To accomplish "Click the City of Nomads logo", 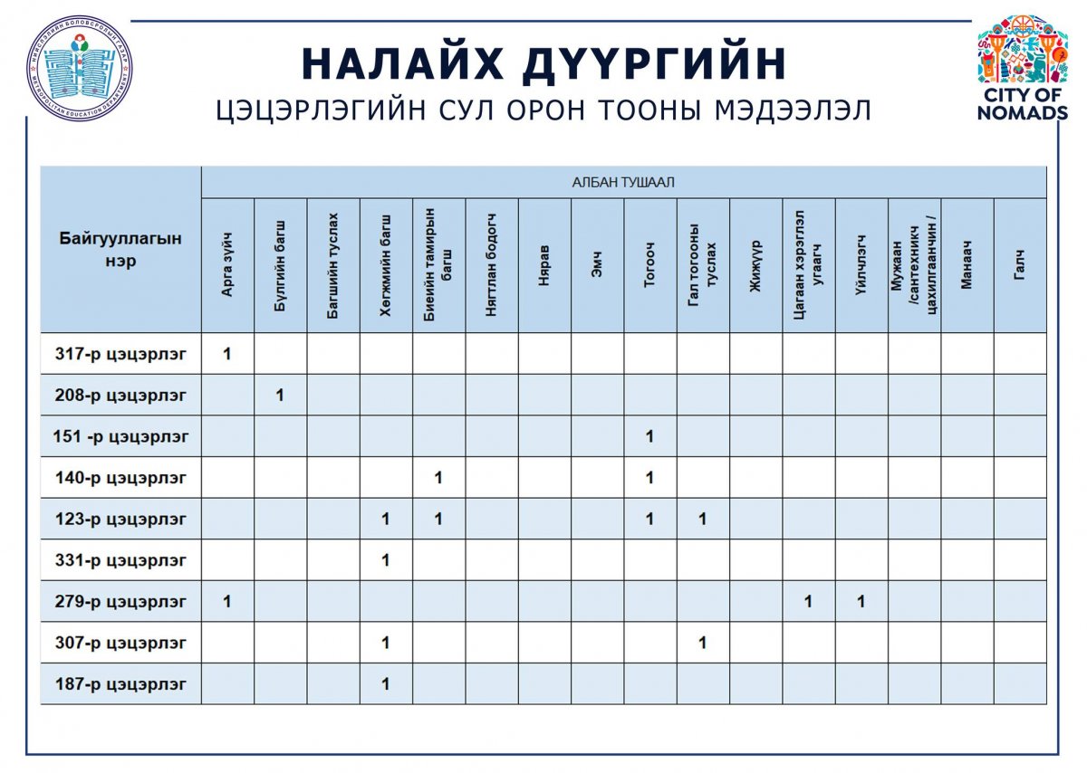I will pos(1023,67).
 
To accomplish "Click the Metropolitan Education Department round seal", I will pos(79,68).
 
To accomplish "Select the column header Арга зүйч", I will pos(227,265).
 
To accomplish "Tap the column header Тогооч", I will pos(649,265).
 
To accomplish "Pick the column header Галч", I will pos(1020,265).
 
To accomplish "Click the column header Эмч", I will pos(597,265).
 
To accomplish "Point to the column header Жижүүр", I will pos(755,265).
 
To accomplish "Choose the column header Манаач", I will pos(967,265).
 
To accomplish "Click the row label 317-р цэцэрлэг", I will pos(120,354).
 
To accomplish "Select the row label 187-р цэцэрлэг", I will pos(120,684).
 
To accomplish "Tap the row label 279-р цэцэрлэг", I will pos(120,602).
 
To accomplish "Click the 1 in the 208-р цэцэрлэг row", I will pos(280,396).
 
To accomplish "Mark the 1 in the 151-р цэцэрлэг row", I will pos(649,437).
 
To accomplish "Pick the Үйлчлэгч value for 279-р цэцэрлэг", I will pos(861,602).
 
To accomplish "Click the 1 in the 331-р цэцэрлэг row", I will pos(386,560).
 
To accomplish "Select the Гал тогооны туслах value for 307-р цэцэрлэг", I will pos(702,644).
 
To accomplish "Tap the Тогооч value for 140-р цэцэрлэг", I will pos(649,478).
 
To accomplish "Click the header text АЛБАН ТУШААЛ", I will pos(623,183).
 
